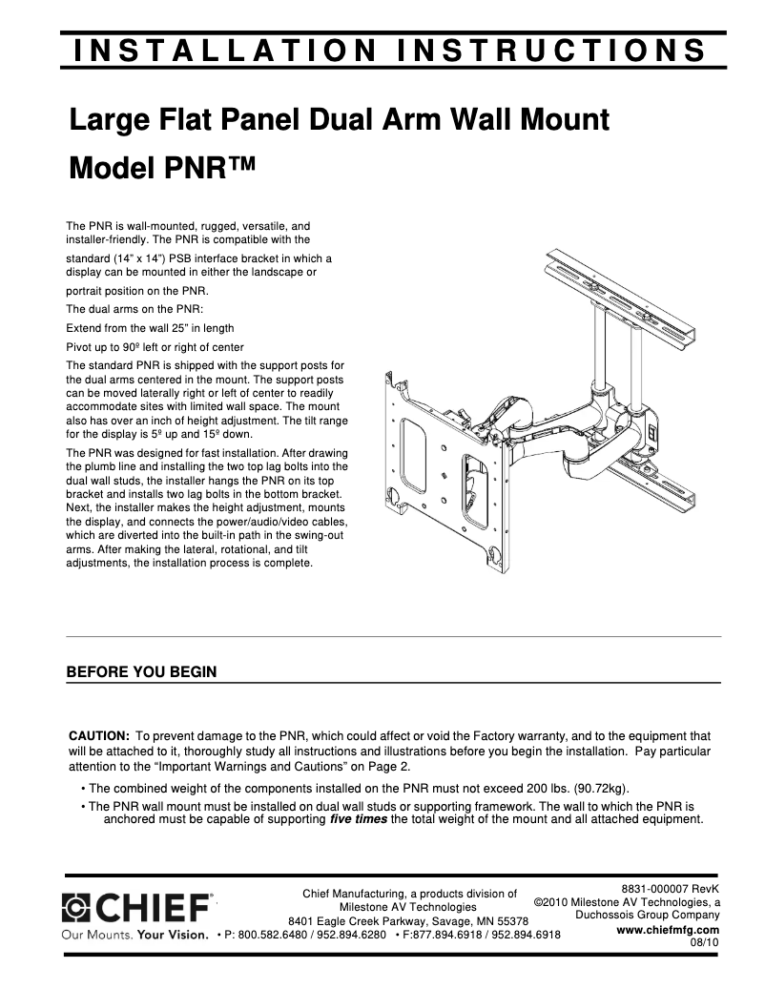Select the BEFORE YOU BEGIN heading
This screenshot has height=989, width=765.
click(141, 671)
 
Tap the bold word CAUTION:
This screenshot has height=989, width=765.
click(99, 736)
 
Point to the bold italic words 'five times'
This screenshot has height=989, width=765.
click(358, 819)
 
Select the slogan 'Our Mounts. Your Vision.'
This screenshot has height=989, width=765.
click(134, 935)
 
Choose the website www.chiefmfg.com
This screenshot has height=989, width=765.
click(668, 930)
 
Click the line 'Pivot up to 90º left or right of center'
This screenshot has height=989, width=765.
click(155, 346)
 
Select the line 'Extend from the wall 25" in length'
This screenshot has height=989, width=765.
click(150, 328)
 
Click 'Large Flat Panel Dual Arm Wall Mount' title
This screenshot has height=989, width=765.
click(339, 121)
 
